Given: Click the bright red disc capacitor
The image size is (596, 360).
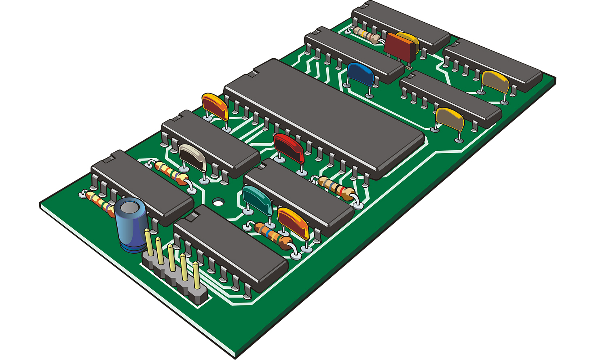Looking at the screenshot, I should point(289,148).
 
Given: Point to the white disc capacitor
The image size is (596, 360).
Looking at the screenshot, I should point(192,157).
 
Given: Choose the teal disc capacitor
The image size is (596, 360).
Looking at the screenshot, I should point(257,200).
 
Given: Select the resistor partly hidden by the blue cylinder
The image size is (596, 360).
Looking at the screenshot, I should point(99,202).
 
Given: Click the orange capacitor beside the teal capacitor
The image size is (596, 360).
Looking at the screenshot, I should point(294,222).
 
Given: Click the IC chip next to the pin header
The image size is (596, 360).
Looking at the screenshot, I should point(230,247).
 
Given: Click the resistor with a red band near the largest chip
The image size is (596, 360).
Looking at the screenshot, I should point(336,188).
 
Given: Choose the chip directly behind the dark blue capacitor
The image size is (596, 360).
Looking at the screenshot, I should point(354,53).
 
